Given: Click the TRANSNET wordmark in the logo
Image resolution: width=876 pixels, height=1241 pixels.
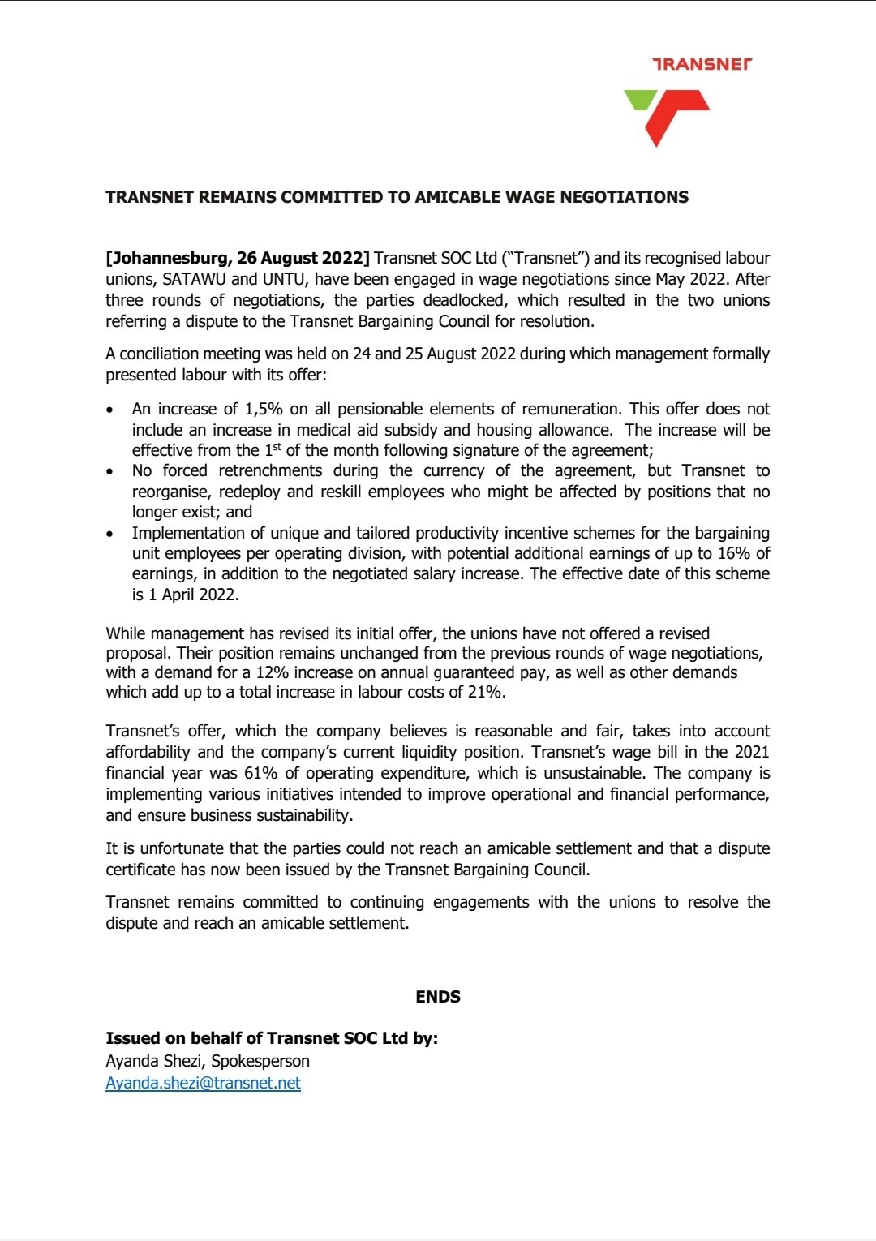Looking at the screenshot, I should click(702, 63).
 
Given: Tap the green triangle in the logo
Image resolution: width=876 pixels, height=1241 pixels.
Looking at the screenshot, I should click(639, 99).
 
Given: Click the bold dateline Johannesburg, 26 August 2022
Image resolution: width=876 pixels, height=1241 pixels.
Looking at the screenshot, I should click(238, 258).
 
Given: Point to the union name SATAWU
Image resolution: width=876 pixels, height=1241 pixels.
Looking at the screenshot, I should click(194, 279).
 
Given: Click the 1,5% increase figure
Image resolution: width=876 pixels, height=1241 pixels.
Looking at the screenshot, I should click(264, 409).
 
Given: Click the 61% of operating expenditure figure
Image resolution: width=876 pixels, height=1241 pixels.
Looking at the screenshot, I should click(260, 773).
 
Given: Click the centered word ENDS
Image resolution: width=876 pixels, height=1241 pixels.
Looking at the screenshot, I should click(438, 997).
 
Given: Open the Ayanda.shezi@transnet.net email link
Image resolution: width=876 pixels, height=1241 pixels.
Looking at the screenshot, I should click(203, 1083).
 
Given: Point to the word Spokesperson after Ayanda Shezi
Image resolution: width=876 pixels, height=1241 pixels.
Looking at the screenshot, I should click(260, 1061).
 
